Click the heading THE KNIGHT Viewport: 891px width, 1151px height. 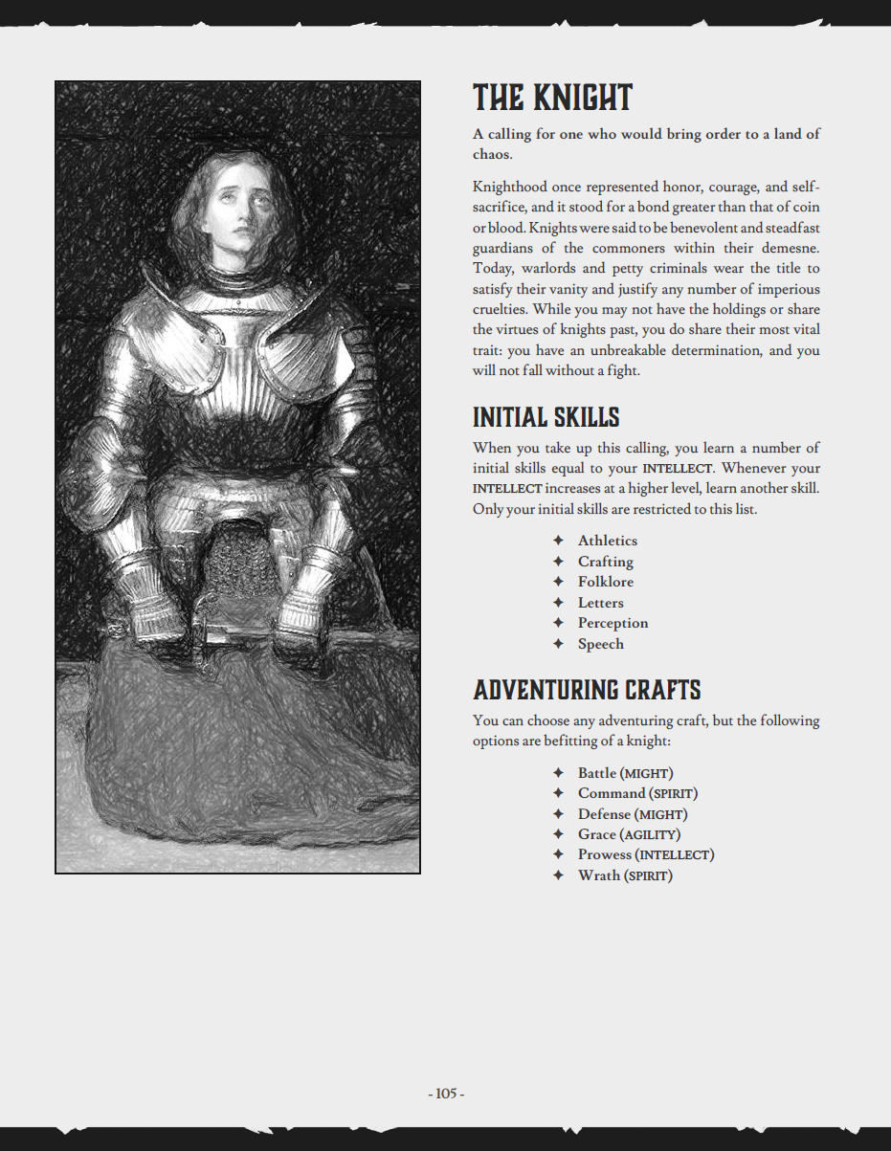[x=552, y=98]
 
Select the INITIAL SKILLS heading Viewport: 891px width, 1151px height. [x=546, y=417]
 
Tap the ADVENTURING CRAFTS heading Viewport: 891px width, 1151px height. [x=587, y=690]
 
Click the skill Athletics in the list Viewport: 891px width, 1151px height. [x=607, y=541]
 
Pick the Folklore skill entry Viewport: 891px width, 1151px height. [x=605, y=582]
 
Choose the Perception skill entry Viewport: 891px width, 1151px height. [x=613, y=623]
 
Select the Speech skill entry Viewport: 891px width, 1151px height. [x=600, y=644]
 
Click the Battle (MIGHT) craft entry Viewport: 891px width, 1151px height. [x=625, y=773]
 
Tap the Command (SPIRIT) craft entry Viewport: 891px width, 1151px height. [x=637, y=793]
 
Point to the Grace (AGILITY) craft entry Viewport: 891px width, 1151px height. [x=629, y=834]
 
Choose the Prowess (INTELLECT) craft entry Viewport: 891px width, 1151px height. [x=645, y=854]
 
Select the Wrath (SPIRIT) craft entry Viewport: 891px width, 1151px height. [x=625, y=875]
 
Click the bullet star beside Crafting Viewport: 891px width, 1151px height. [x=558, y=562]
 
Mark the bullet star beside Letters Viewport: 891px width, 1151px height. [x=558, y=603]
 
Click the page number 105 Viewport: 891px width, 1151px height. [x=446, y=1094]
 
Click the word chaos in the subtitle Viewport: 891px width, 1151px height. [x=491, y=155]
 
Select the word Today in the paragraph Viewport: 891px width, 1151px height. [x=492, y=269]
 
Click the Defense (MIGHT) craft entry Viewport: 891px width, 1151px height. [x=632, y=814]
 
